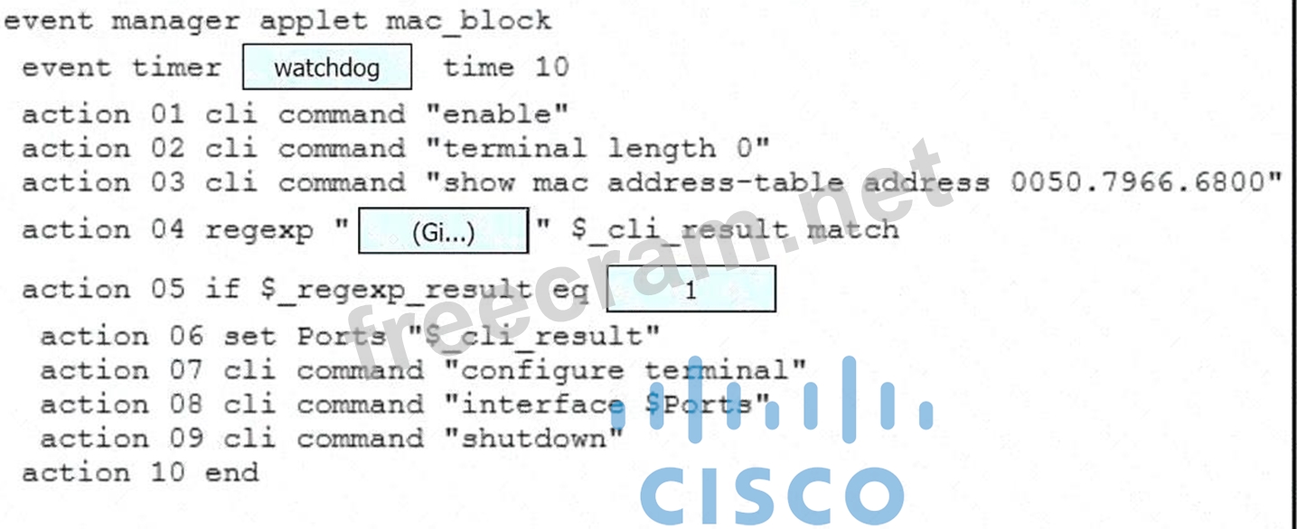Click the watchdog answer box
tap(326, 68)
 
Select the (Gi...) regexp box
tap(443, 231)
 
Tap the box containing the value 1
tap(691, 290)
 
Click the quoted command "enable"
tap(496, 115)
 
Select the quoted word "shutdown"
tap(533, 439)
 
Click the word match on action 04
tap(853, 230)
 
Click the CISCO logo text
tap(772, 495)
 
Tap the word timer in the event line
tap(176, 68)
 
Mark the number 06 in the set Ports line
tap(185, 337)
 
